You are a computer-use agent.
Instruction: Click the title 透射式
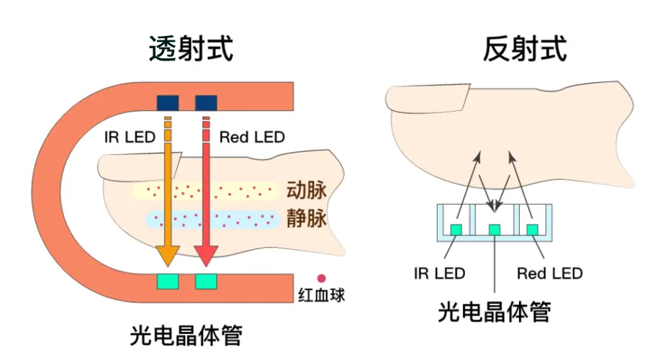pos(191,49)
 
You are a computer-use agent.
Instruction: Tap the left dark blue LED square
pos(168,102)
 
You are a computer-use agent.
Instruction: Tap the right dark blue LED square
pos(206,102)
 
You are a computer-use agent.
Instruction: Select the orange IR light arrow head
pos(168,253)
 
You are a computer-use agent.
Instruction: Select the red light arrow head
pos(206,253)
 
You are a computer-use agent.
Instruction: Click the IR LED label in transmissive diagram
pos(130,137)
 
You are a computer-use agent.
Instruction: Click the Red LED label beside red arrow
pos(252,137)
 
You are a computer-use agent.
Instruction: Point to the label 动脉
pos(307,190)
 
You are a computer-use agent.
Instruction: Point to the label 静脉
pos(307,217)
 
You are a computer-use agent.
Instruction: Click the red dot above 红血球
pos(321,277)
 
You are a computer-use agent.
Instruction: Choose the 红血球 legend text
pos(321,294)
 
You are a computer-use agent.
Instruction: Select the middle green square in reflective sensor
pos(494,229)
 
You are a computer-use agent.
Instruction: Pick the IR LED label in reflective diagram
pos(439,274)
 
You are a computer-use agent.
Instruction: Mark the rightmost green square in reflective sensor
pos(532,229)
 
